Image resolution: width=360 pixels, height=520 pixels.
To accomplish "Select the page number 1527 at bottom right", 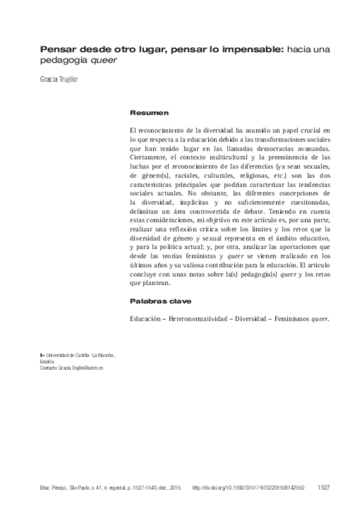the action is [325, 487].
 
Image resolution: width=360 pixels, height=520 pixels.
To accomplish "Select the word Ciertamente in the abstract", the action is [150, 156].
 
